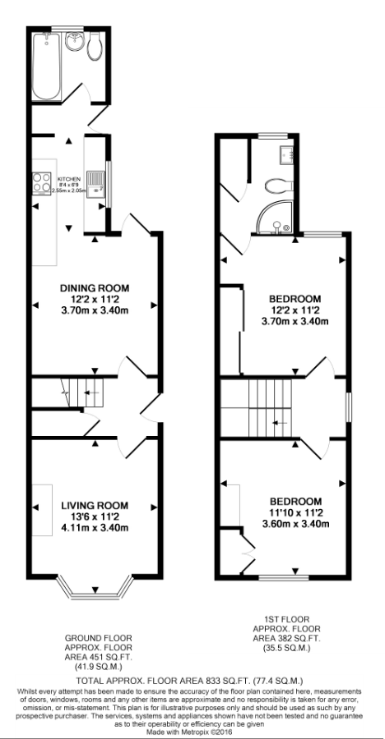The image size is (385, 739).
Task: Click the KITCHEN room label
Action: coord(67,178)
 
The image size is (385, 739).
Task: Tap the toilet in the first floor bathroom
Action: coord(280,185)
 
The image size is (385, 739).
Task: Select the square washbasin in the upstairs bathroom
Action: coord(287,152)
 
